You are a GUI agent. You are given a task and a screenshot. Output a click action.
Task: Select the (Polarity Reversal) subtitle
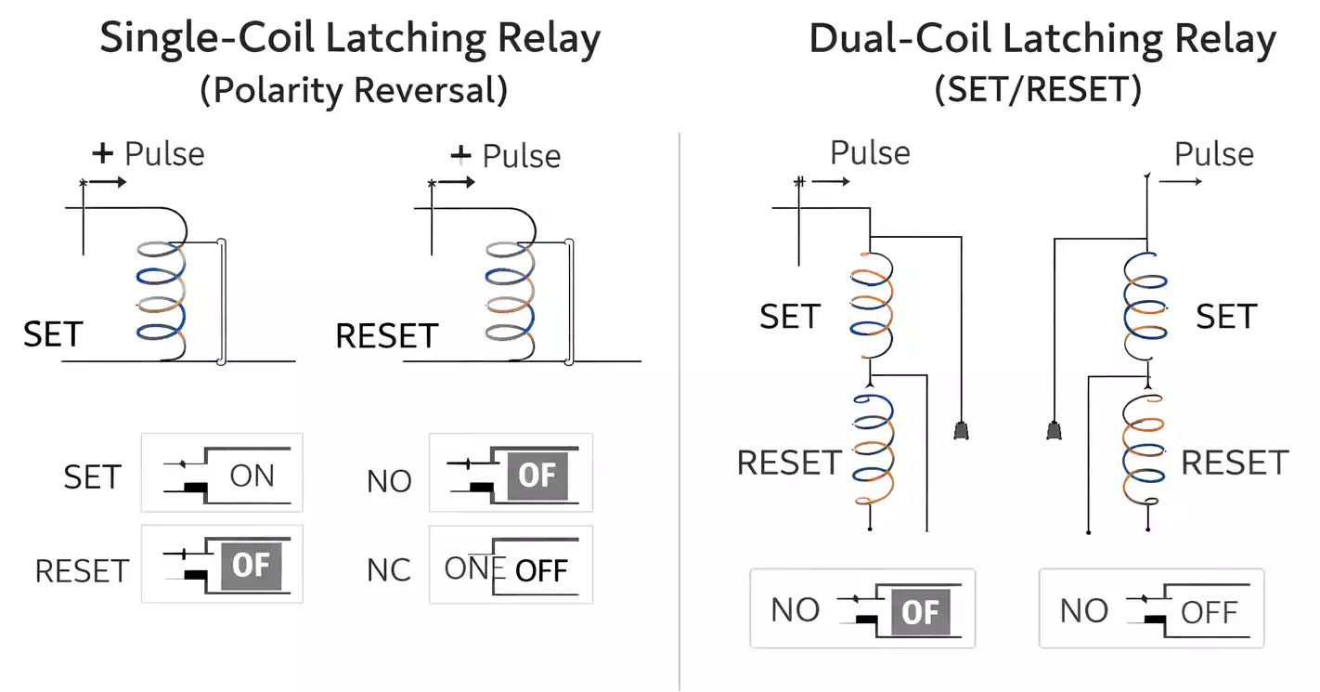354,90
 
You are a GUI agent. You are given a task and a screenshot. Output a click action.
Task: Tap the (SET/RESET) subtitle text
1037,90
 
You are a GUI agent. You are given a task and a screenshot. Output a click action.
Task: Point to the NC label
389,569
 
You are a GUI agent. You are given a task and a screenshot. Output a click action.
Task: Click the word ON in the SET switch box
252,476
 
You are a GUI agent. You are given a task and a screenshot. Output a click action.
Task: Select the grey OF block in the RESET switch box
250,565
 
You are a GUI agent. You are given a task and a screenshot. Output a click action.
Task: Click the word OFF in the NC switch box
541,569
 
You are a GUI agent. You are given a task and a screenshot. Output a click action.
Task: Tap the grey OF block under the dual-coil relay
920,612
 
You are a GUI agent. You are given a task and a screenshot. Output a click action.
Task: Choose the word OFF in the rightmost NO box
1209,612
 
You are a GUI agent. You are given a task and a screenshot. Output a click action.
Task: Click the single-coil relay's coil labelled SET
162,302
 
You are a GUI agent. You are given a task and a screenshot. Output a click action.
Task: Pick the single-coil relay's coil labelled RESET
511,302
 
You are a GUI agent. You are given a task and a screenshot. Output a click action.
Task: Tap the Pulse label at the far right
1214,154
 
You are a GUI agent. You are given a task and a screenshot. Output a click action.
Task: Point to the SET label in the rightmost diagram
1225,317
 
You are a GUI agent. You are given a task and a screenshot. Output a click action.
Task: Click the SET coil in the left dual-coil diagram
871,302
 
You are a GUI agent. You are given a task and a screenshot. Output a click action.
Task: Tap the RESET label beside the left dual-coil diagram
789,462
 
